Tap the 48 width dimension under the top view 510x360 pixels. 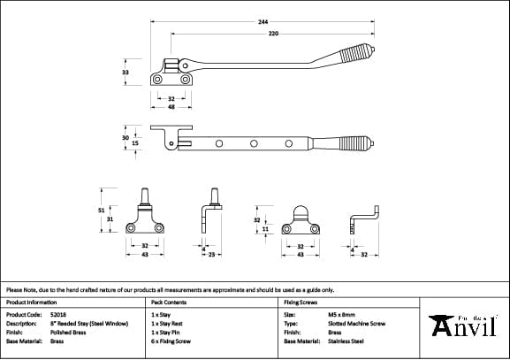(171, 106)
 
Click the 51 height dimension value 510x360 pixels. (101, 211)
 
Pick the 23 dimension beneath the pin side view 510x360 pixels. (211, 255)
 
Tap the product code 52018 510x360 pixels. (58, 314)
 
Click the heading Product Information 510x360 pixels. (31, 303)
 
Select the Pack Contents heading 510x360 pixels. (168, 303)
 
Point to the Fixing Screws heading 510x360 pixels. (301, 303)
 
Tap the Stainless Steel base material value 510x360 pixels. (346, 341)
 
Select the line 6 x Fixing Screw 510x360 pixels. (171, 341)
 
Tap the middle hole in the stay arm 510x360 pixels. (254, 142)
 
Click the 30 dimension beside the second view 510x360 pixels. (126, 137)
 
